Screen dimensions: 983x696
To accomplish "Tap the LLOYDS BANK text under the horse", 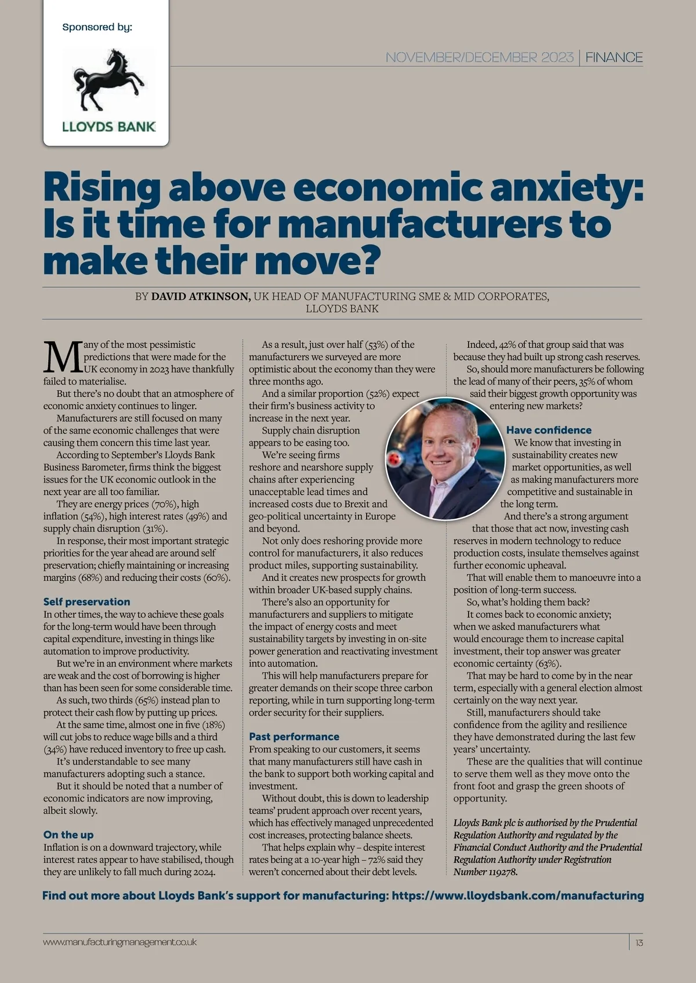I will (x=109, y=126).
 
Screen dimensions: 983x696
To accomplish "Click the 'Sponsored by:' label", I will (x=97, y=27).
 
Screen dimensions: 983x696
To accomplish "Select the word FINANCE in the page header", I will (x=614, y=57).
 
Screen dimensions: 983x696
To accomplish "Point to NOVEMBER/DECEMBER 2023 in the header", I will (x=479, y=57).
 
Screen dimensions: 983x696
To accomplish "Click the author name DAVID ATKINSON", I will (x=201, y=296).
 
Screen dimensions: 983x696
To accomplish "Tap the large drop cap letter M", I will (x=63, y=358).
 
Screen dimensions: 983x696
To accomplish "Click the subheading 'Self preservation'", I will (x=86, y=602).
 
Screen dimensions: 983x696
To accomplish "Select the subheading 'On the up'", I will (x=68, y=835).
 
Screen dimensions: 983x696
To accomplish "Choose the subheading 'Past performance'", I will (x=294, y=737).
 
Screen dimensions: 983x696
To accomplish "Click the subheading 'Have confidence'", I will (x=549, y=430).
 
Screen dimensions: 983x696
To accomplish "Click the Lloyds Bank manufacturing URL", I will (x=518, y=895).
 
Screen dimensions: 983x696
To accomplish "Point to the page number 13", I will (x=639, y=942).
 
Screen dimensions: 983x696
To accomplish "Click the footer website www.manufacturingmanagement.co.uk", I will (x=120, y=942).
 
